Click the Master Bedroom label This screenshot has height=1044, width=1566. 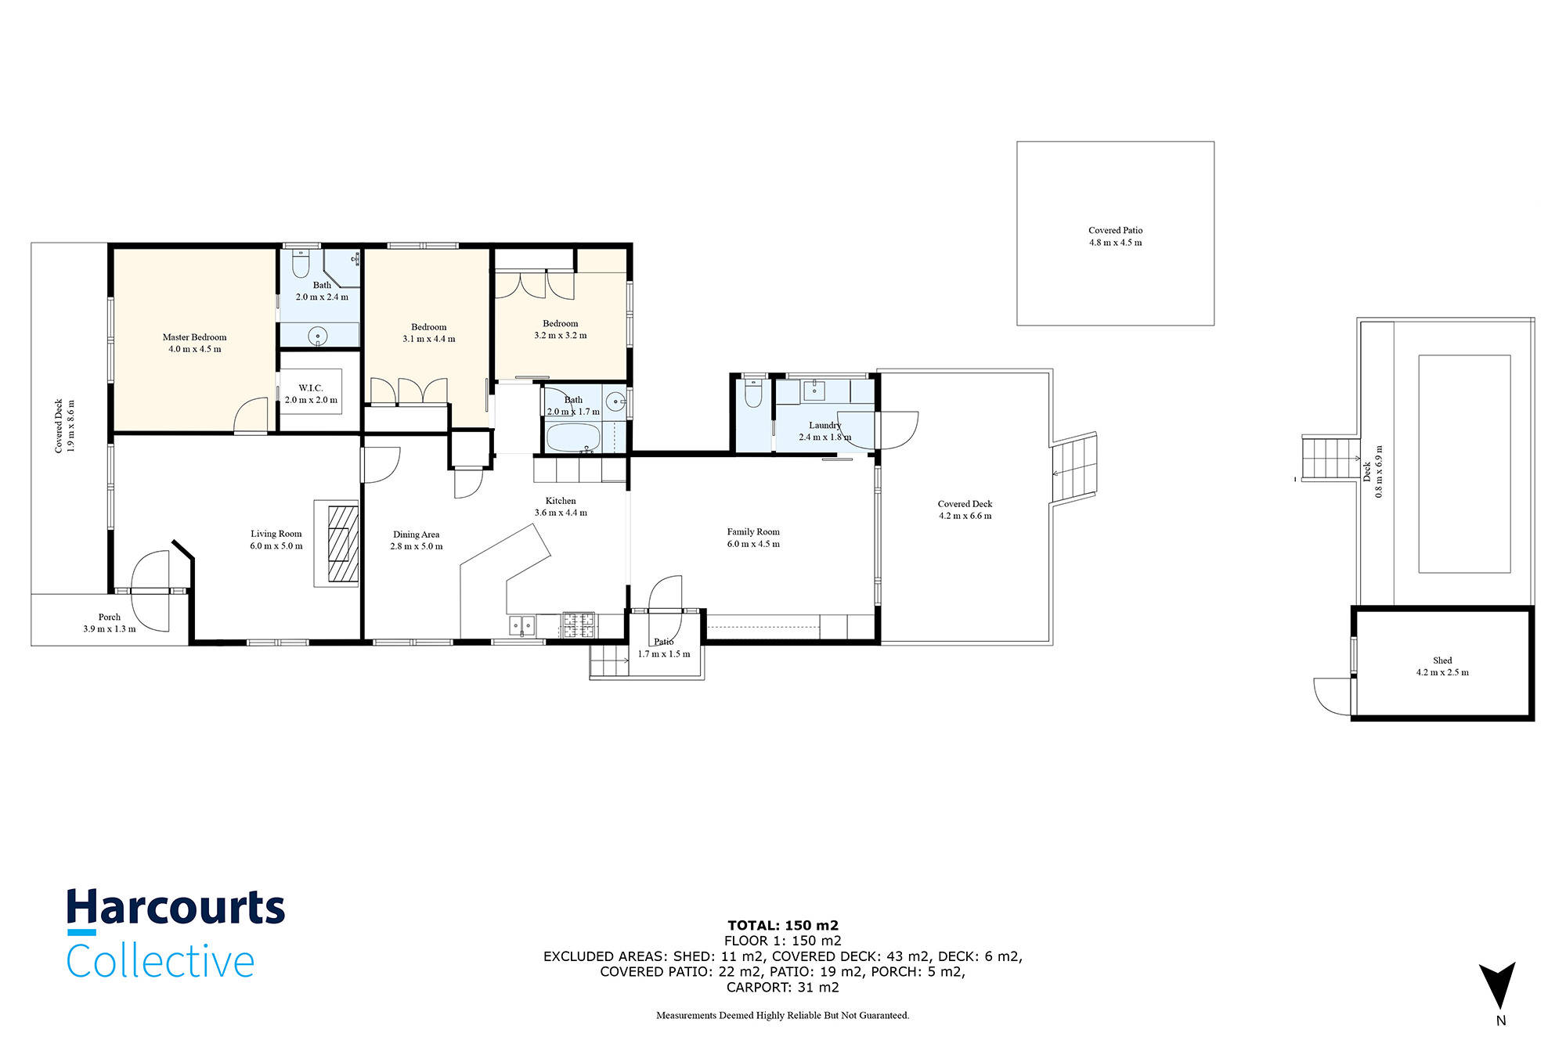click(194, 337)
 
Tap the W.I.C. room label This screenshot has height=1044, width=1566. click(310, 388)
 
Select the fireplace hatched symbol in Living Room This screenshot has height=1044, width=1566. click(342, 544)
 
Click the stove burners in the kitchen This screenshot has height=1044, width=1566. click(579, 624)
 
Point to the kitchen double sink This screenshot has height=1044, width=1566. click(522, 625)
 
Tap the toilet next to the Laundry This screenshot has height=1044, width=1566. click(753, 394)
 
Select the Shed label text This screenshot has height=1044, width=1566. click(1442, 661)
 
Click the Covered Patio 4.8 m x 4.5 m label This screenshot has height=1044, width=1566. click(1115, 236)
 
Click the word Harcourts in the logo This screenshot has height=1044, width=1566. click(175, 908)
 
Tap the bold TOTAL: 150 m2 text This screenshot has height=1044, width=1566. click(783, 925)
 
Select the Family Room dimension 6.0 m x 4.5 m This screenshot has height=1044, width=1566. click(753, 544)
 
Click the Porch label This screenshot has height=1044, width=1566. click(110, 617)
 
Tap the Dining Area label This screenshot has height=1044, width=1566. click(416, 535)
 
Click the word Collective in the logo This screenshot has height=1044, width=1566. click(161, 961)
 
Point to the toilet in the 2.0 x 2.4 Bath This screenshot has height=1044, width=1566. click(301, 265)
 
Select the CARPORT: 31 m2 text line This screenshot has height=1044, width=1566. click(783, 987)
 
